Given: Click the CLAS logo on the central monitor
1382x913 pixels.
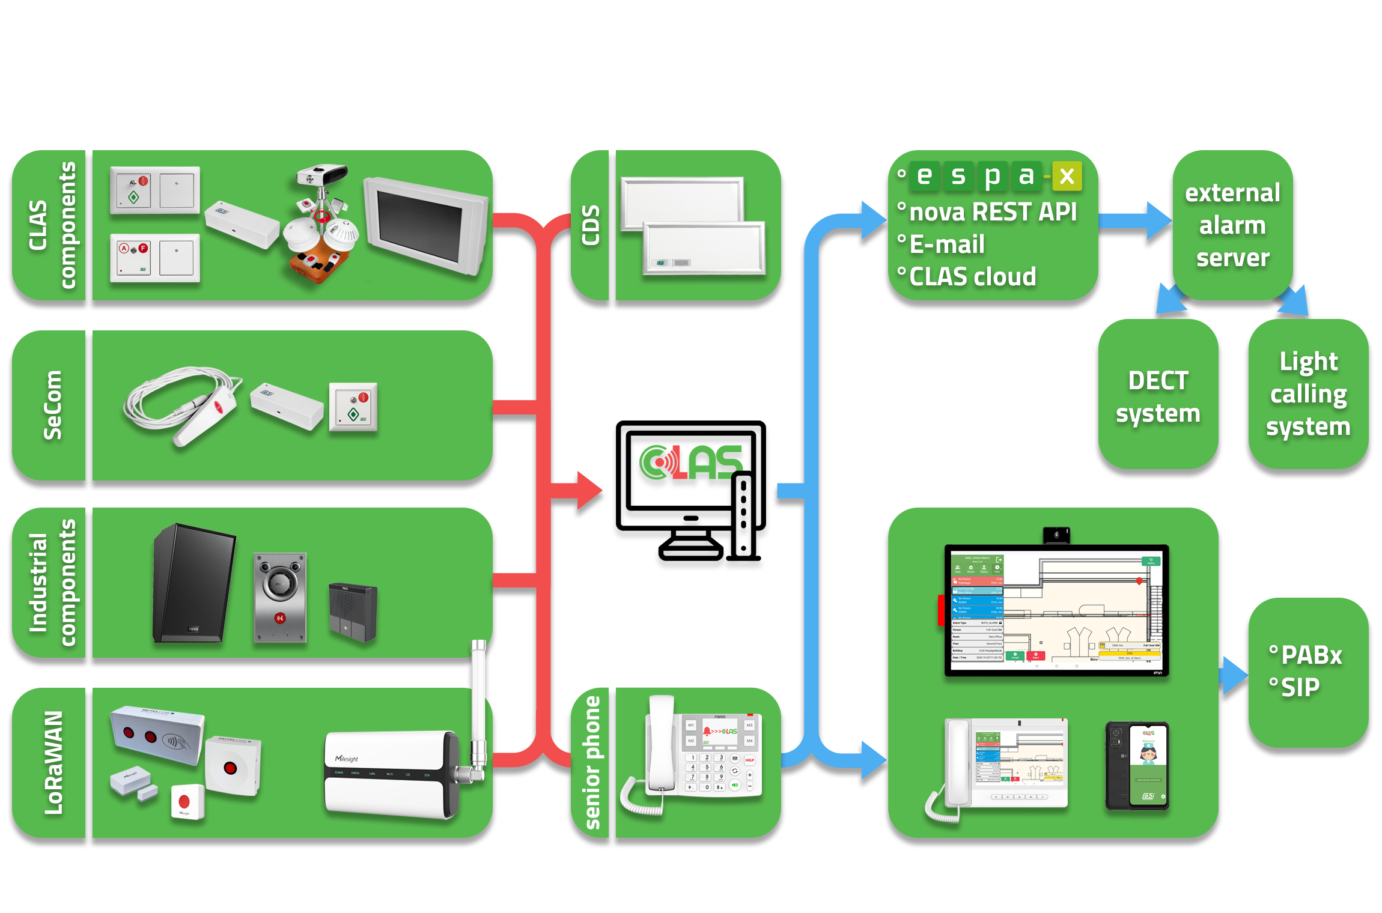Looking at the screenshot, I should tap(691, 463).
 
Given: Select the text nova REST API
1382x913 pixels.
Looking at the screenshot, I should tap(993, 212).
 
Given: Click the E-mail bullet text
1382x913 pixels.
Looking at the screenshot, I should tap(947, 244).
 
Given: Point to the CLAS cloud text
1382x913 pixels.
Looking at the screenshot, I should tap(972, 277).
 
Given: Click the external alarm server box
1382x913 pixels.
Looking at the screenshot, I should tap(1232, 225).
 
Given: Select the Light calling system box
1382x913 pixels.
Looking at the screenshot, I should tap(1308, 394).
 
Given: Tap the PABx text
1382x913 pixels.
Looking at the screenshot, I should tap(1311, 655).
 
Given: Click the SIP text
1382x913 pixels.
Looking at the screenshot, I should tap(1300, 687).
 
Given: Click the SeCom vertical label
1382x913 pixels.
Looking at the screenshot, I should tap(53, 405).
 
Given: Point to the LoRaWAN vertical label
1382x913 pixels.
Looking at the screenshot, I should tap(53, 763).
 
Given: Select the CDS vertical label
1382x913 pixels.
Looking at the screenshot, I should tap(591, 225).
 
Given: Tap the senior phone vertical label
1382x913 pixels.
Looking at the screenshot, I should tap(592, 763).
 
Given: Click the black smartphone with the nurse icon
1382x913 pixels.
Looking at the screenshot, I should tap(1137, 766).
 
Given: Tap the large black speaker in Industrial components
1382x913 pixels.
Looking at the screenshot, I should tap(193, 583).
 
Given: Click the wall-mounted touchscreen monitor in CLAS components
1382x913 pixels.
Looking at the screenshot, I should tap(425, 225).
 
